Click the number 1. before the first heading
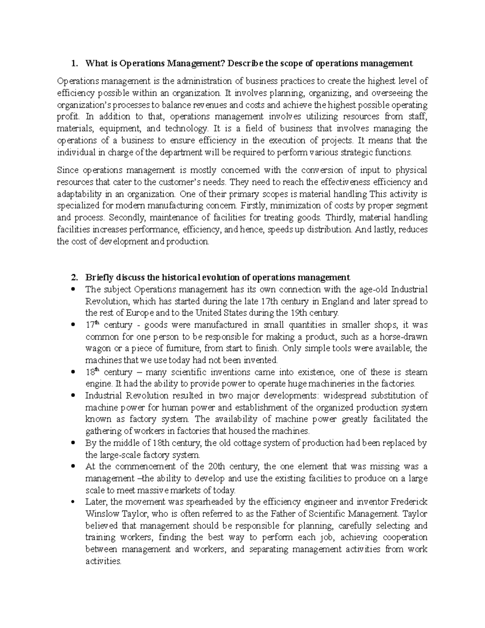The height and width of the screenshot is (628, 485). (74, 63)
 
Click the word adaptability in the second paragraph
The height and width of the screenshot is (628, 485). (77, 194)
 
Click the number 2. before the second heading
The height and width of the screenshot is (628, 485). (74, 278)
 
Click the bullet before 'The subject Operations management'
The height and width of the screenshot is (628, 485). (73, 290)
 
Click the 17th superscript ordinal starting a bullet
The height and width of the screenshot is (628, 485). (92, 325)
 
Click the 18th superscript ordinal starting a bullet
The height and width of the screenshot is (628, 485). (92, 372)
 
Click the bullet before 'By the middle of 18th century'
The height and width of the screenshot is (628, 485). (73, 443)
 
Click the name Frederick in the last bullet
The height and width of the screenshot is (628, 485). (409, 502)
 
